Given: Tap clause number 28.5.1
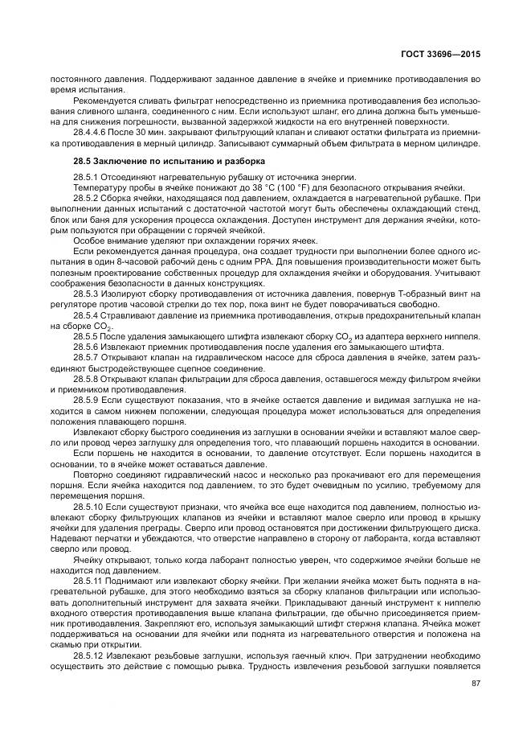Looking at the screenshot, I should point(84,176).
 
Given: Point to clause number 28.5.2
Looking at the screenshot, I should point(84,196).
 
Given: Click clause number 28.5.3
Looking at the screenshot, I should point(84,295).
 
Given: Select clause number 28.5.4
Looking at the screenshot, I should point(84,315).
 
